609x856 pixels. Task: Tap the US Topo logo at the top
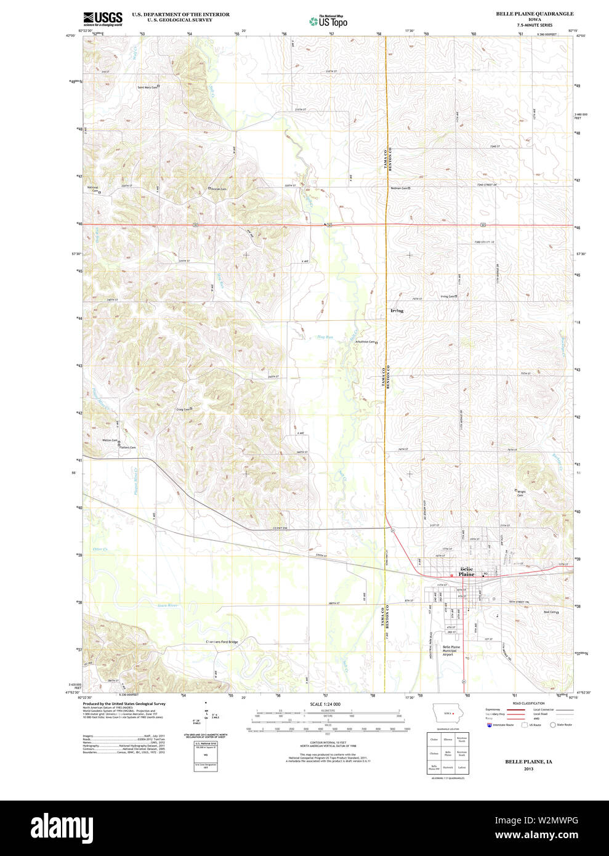tap(328, 21)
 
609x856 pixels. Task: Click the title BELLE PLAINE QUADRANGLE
tap(534, 14)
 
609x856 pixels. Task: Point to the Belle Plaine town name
tap(467, 571)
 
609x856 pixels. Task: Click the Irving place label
tap(397, 310)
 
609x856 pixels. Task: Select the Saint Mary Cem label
tap(147, 87)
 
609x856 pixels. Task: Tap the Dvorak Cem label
tap(218, 189)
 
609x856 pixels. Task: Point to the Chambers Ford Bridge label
tap(222, 642)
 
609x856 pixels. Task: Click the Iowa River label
tap(167, 605)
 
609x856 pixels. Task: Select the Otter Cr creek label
tap(100, 549)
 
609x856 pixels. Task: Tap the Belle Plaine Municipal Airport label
tap(451, 650)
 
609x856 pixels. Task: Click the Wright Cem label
tap(521, 493)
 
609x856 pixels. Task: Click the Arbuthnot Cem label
tap(365, 342)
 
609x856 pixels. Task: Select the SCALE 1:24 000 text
tap(325, 704)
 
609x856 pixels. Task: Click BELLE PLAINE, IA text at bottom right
tap(528, 762)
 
